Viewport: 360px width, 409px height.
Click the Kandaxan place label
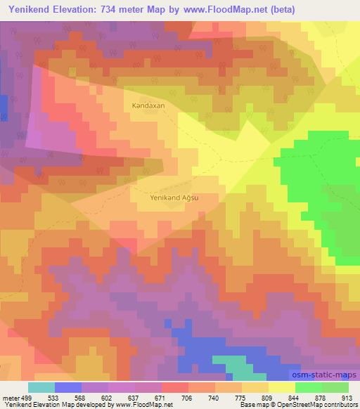point(148,105)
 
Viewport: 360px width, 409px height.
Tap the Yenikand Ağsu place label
point(174,198)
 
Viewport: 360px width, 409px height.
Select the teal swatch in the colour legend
point(41,387)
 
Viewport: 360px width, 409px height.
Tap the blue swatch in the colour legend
point(68,387)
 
